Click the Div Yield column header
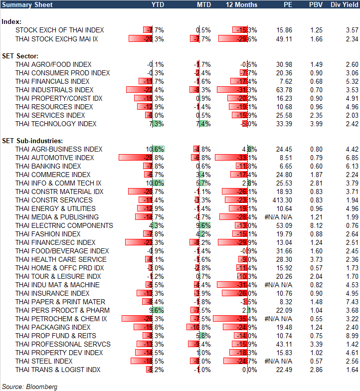344,4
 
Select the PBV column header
316,4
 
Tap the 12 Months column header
242,4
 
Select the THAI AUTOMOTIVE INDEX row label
54,158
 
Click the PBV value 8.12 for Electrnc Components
316,225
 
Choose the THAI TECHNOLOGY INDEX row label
56,124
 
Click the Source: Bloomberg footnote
30,387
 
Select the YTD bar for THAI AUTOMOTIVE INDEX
135,158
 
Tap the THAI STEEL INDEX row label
44,361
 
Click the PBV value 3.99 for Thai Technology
316,124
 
